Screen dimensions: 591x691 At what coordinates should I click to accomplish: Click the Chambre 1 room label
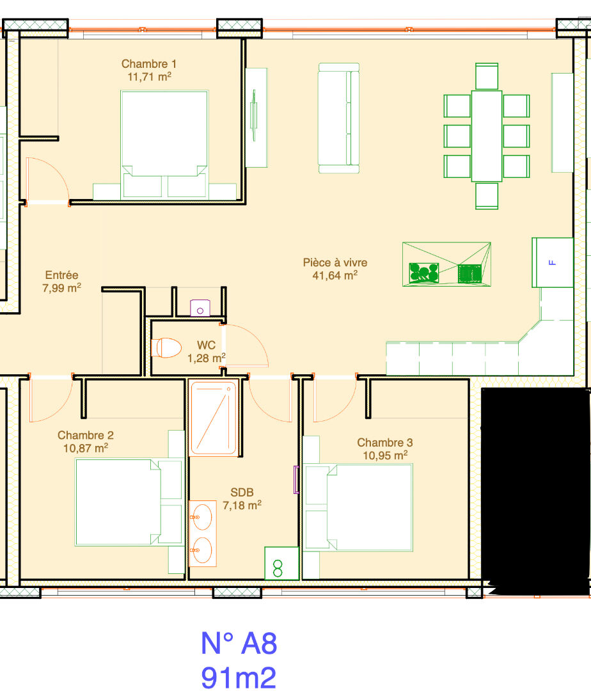coord(149,64)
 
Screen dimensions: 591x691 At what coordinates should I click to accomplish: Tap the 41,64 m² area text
coord(335,275)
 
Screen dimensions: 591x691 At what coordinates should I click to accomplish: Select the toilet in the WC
coord(166,347)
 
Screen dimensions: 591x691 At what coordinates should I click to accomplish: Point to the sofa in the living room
coord(338,118)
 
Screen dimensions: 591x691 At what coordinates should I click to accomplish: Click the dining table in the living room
coord(487,136)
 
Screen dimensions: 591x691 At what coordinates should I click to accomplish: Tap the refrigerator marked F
coord(553,263)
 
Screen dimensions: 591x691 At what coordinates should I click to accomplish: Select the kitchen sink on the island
coord(424,273)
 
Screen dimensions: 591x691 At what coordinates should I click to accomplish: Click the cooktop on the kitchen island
coord(470,274)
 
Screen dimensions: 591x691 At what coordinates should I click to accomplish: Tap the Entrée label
coord(61,275)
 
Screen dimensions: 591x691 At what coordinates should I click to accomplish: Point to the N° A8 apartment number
coord(239,644)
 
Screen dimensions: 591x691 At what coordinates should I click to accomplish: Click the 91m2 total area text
coord(239,678)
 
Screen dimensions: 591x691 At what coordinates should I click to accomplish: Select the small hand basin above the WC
coord(200,308)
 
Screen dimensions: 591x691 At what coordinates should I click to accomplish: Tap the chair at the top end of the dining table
coord(487,76)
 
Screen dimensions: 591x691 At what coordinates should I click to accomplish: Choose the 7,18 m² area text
coord(242,505)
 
